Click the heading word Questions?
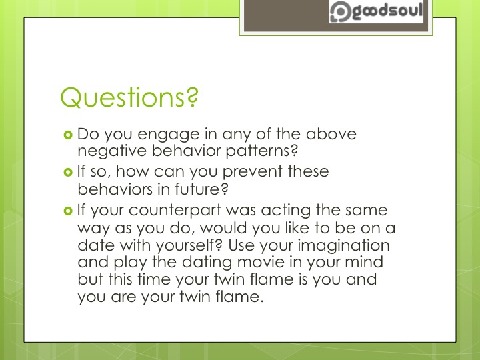tap(129, 97)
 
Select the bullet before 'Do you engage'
tap(67, 135)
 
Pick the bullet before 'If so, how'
tap(67, 172)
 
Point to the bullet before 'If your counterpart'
tap(67, 211)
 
